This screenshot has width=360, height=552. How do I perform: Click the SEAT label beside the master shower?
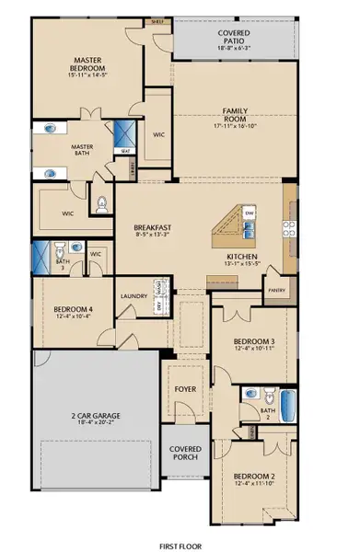123,153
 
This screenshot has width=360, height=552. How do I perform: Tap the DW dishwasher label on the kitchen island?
250,213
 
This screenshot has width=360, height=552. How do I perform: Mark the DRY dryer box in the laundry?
159,307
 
